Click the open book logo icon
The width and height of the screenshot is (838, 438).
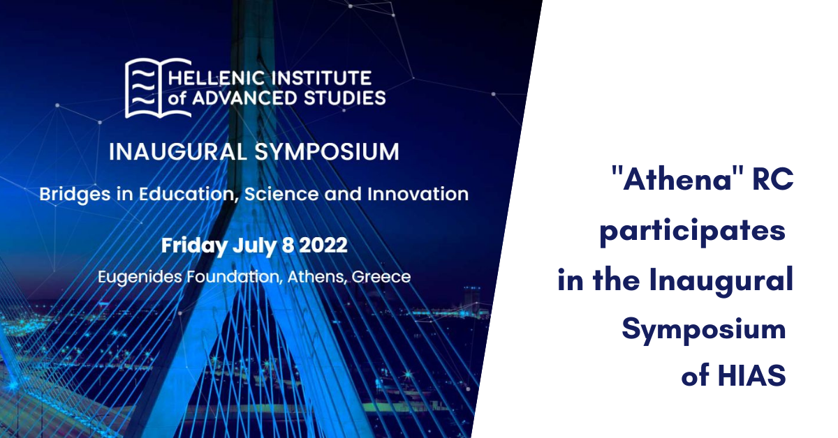[x=158, y=88]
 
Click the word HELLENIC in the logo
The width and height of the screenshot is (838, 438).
[x=216, y=79]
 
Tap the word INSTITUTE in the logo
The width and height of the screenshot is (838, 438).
[x=321, y=79]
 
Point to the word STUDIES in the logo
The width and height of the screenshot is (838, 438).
[x=345, y=98]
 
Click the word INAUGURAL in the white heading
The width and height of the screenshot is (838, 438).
[x=177, y=152]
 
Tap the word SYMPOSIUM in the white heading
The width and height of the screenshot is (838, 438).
[x=327, y=152]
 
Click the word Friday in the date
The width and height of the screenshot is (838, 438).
[x=194, y=246]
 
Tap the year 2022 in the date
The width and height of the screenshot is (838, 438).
[x=323, y=246]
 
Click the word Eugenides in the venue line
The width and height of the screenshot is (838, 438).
[x=140, y=278]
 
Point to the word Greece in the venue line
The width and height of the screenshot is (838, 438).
[x=381, y=277]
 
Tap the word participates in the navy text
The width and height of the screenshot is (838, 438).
[x=692, y=232]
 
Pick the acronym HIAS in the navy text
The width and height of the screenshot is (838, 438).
[x=751, y=375]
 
